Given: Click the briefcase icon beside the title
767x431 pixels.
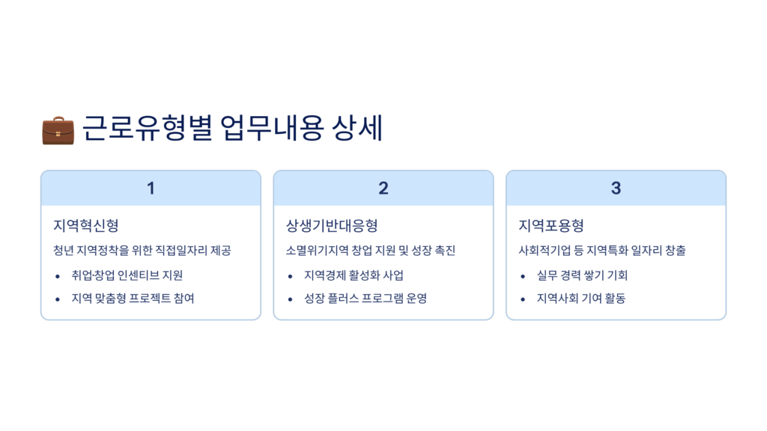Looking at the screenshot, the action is (58, 130).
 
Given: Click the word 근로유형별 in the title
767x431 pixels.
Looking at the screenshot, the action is (148, 128).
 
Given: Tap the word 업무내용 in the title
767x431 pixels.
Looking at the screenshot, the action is (272, 128).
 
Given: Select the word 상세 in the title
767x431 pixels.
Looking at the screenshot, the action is (357, 128).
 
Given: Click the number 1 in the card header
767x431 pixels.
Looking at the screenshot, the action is (151, 188).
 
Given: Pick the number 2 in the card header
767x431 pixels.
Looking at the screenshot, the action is (383, 188).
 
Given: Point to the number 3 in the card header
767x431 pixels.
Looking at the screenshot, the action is (616, 188).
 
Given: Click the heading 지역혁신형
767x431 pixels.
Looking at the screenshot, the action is (86, 225).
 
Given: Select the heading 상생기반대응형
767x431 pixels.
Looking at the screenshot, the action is (332, 225).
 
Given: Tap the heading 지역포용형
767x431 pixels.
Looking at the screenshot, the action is (551, 225).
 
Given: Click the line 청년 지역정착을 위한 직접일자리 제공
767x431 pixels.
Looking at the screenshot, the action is (142, 251).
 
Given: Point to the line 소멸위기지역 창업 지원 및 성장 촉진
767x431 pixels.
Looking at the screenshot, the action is (370, 251).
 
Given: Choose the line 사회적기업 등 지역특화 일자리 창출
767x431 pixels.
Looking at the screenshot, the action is (602, 251).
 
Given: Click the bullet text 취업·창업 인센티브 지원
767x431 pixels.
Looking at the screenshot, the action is (127, 275).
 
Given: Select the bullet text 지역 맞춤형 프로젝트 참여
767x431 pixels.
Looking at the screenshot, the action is (133, 298).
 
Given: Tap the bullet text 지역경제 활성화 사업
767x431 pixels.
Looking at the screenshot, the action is (354, 275).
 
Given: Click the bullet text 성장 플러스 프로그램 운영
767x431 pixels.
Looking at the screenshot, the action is (366, 298).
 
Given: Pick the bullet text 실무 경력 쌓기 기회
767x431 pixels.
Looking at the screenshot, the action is (582, 275).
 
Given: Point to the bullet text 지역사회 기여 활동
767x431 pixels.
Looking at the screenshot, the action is (581, 298).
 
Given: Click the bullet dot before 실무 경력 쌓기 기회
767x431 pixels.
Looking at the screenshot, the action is (523, 277).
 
